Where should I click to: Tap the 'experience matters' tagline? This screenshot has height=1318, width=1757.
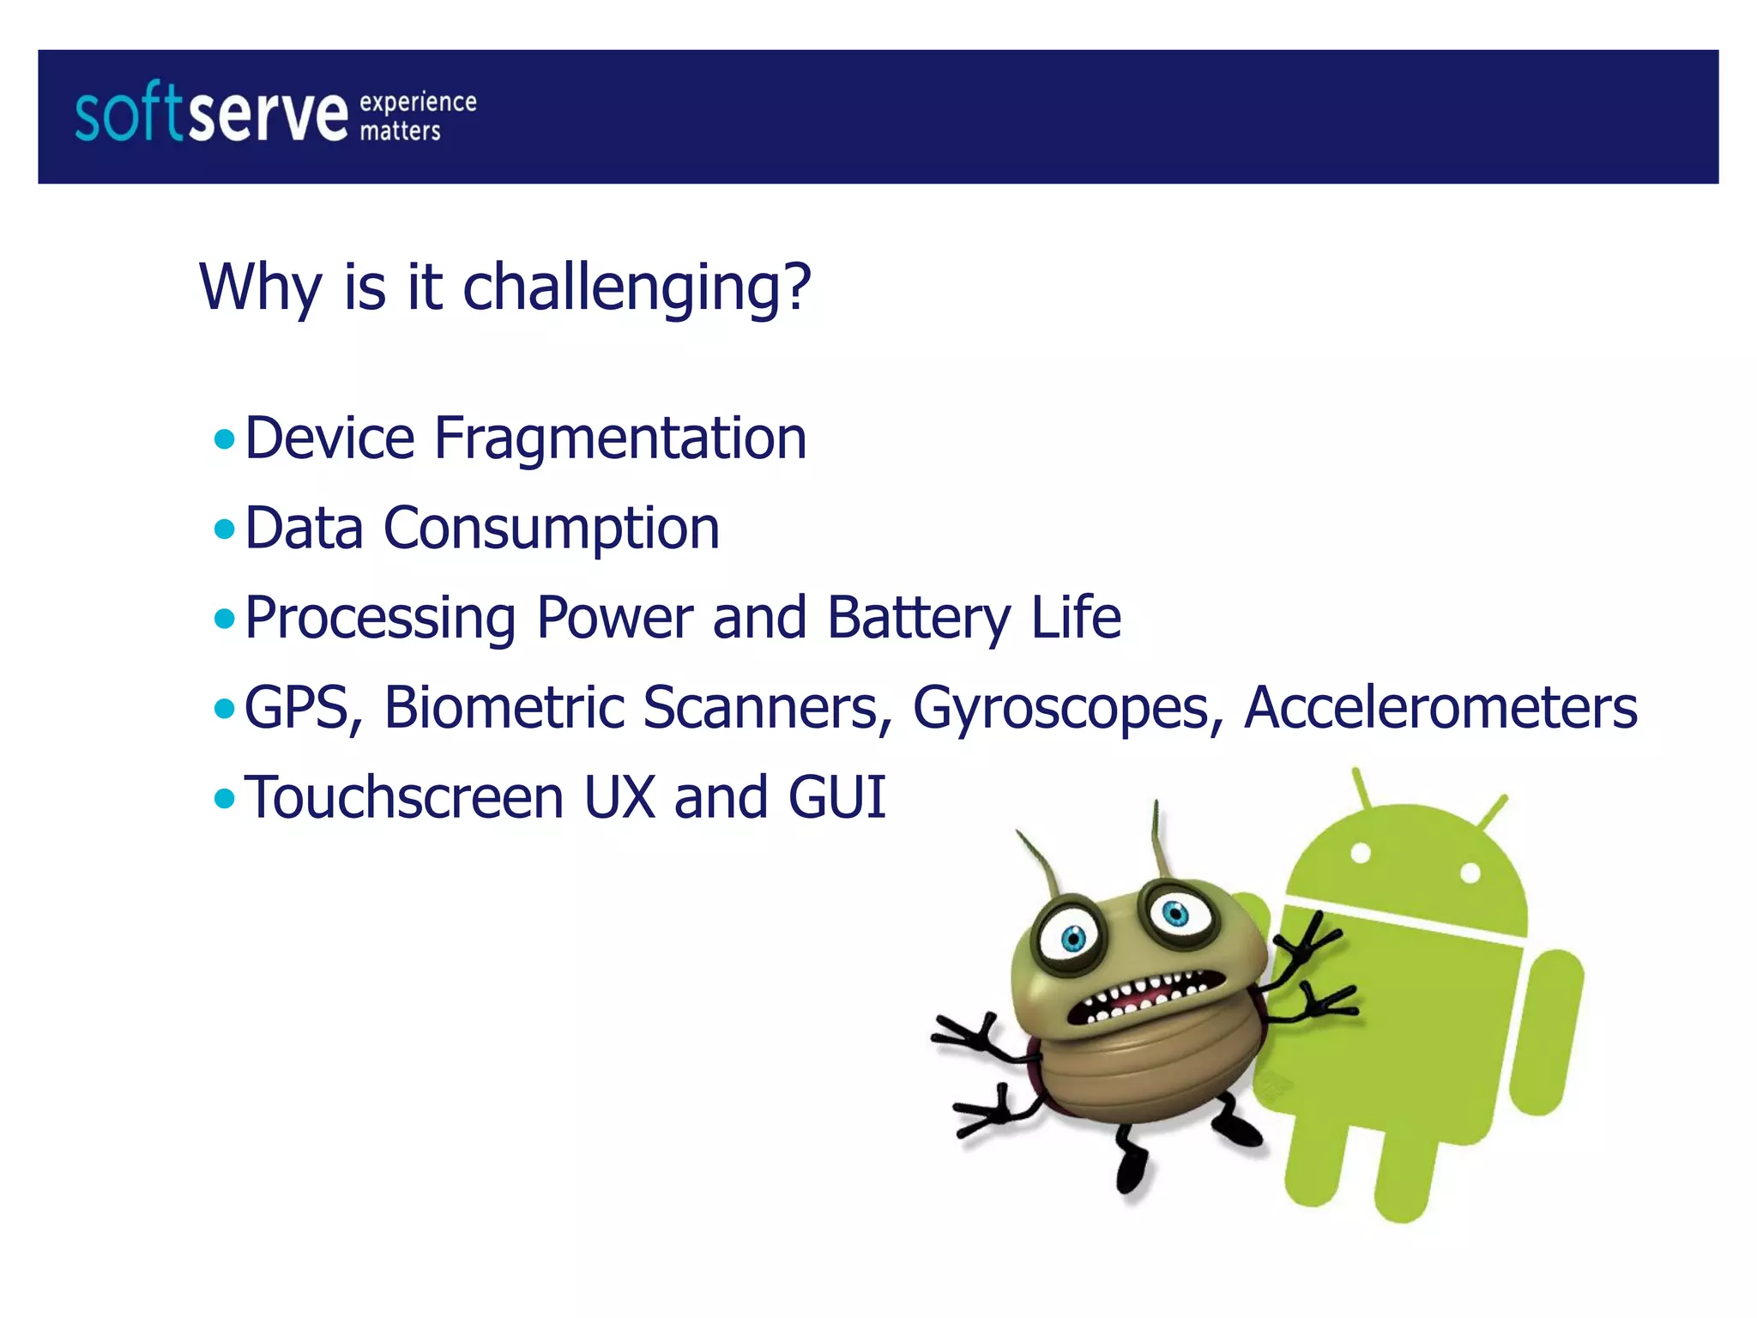pyautogui.click(x=417, y=116)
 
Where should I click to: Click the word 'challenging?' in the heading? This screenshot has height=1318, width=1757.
pyautogui.click(x=636, y=287)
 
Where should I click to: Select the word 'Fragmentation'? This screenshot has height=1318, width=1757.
pyautogui.click(x=619, y=438)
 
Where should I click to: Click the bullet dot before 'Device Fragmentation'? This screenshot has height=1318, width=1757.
pyautogui.click(x=225, y=440)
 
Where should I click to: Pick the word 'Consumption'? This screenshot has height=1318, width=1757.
pyautogui.click(x=551, y=529)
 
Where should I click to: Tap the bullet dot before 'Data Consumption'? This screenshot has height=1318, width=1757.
pyautogui.click(x=225, y=529)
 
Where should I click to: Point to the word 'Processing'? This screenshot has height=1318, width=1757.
pyautogui.click(x=380, y=619)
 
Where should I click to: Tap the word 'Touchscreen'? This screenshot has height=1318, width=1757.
pyautogui.click(x=404, y=798)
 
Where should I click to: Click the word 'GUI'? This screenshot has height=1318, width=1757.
pyautogui.click(x=836, y=798)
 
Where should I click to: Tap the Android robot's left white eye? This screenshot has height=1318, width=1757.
pyautogui.click(x=1361, y=854)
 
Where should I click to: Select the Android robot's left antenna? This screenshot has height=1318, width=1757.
pyautogui.click(x=1363, y=789)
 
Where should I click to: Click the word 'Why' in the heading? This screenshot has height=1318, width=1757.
pyautogui.click(x=261, y=287)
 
